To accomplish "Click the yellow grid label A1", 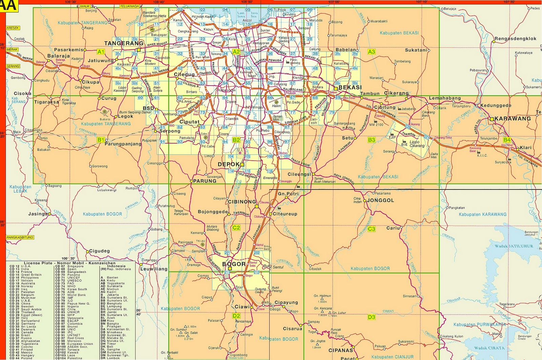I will (101, 52).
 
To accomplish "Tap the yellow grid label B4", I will (507, 140).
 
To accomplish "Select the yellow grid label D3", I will (371, 317).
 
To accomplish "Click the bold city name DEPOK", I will (229, 164).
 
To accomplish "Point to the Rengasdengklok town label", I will (515, 39).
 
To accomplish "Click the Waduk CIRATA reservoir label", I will (489, 348).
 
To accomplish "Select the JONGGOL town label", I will (380, 200).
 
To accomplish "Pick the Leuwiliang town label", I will (154, 269).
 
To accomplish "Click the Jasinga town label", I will (38, 214).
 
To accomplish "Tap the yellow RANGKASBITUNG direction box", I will (20, 237).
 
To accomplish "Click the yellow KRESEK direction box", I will (13, 28).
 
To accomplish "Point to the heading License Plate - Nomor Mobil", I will (69, 263).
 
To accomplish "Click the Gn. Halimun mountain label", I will (322, 296).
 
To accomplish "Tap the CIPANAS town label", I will (340, 350).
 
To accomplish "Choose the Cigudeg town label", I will (99, 251).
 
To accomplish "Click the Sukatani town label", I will (416, 50).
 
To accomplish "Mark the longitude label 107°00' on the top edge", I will (334, 2).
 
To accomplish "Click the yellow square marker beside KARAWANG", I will (492, 119).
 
